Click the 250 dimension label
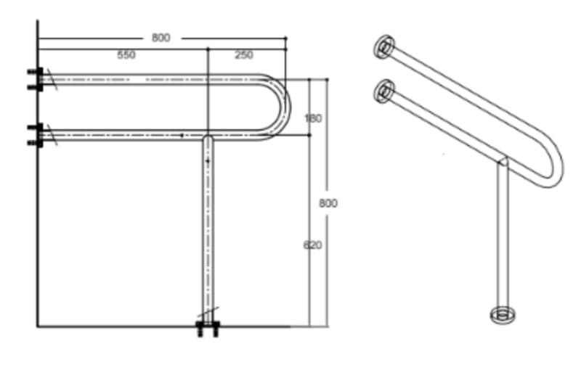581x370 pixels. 244,55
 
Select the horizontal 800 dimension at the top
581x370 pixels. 161,38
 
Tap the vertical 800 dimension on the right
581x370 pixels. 328,203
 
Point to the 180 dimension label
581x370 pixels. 312,118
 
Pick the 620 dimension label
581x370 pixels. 312,244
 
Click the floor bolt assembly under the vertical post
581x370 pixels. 207,329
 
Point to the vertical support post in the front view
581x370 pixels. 207,232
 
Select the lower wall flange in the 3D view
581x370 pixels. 384,91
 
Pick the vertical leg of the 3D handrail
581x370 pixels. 500,239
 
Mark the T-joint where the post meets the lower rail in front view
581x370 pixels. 207,137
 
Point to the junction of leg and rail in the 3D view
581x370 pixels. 501,162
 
